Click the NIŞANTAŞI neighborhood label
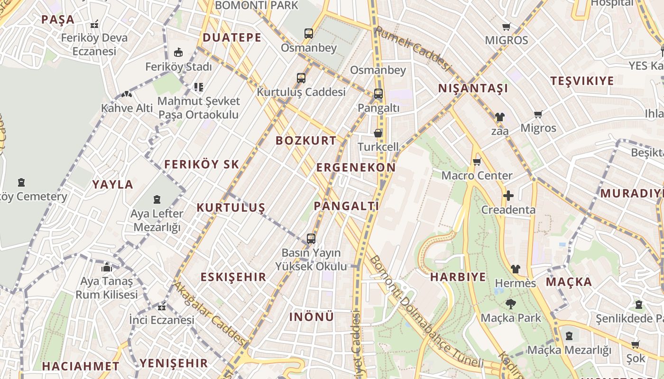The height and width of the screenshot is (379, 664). click(x=473, y=88)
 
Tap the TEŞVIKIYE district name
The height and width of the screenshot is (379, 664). click(x=582, y=81)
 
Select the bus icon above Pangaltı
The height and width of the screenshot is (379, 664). click(x=378, y=94)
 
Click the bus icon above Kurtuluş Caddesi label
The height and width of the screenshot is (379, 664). click(x=301, y=78)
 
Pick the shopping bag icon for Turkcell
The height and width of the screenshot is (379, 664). click(x=378, y=133)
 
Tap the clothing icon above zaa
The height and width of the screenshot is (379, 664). click(x=499, y=117)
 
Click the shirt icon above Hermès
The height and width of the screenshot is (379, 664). click(x=515, y=269)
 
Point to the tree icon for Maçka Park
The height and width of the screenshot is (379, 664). click(x=510, y=304)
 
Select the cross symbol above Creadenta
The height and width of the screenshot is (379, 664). click(x=508, y=196)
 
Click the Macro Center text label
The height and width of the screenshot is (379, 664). click(x=477, y=175)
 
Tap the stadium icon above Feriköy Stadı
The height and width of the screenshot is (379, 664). click(x=178, y=52)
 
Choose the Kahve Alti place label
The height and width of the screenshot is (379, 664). click(x=127, y=108)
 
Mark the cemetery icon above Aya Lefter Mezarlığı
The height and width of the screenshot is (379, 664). click(x=157, y=199)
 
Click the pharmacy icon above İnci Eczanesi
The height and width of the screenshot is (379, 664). click(x=162, y=306)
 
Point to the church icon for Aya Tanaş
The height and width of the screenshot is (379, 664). click(x=106, y=267)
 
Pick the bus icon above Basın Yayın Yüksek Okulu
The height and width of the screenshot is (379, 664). click(x=311, y=239)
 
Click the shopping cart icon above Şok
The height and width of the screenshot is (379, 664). click(x=635, y=344)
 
